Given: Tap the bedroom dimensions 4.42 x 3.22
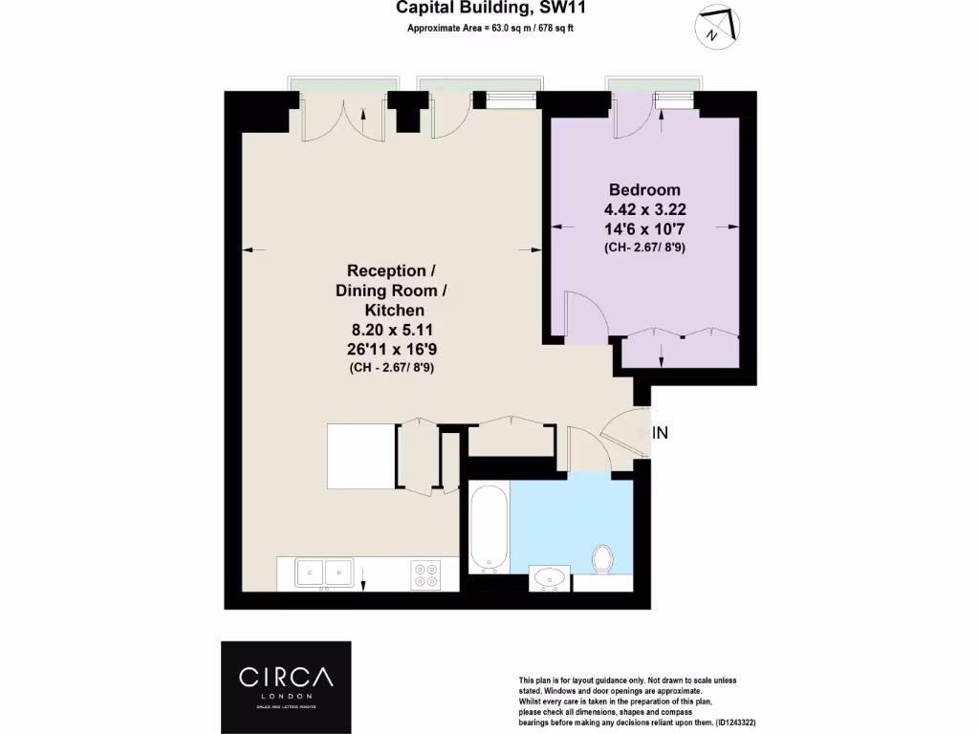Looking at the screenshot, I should [x=644, y=209].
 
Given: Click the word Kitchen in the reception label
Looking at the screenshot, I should [x=392, y=311].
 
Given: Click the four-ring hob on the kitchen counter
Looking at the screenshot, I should [x=425, y=574].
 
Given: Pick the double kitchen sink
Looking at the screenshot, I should [x=322, y=572].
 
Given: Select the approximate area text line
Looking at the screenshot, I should [x=490, y=29].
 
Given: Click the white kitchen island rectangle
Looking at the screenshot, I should [x=361, y=456].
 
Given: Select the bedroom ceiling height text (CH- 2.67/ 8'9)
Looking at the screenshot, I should [x=644, y=248].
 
